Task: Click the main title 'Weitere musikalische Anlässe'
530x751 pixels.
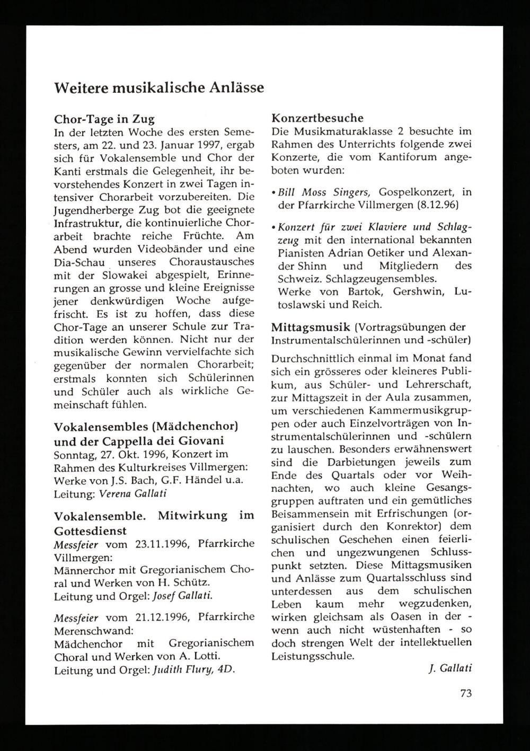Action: point(159,87)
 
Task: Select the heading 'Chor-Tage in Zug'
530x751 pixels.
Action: point(104,119)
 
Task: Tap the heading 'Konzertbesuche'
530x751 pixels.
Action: point(317,118)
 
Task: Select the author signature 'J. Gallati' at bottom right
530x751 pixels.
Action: point(449,668)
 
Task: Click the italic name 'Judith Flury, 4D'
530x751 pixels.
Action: point(192,669)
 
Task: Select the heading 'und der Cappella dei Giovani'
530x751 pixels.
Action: point(139,440)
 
